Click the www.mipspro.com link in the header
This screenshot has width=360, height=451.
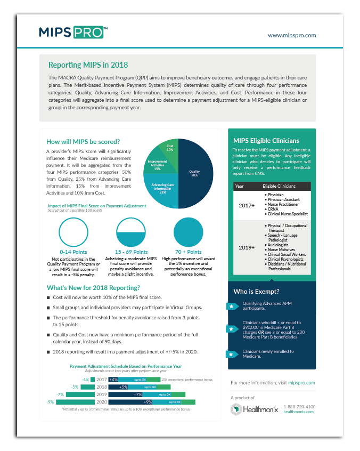point(292,35)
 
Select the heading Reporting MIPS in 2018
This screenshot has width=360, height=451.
point(88,65)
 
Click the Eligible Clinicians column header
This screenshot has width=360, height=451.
point(281,187)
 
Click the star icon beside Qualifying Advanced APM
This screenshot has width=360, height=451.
point(232,307)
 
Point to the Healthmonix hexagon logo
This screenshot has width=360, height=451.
point(236,409)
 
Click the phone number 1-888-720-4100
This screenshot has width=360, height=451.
point(299,407)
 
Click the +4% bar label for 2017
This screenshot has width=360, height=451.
point(113,379)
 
